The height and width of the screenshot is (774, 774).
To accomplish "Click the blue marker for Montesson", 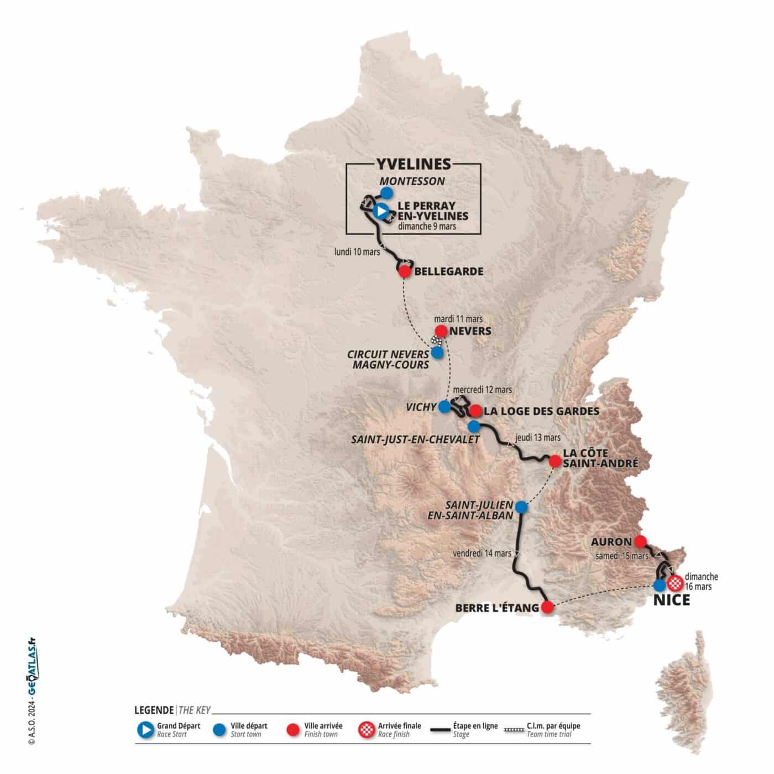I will [x=387, y=192].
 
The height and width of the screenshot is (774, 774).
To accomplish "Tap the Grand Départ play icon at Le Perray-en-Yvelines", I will [x=380, y=211].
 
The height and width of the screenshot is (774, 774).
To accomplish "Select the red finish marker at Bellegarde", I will [x=405, y=271].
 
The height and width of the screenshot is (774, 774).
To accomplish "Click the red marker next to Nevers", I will [x=442, y=331].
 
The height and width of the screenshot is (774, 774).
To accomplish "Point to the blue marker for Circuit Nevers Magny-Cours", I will [x=437, y=352].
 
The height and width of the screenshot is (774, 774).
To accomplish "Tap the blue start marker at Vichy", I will [x=444, y=407].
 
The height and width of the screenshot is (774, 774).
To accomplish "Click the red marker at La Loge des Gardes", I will [x=475, y=411].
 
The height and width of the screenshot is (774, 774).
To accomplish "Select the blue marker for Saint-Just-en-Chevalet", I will [x=474, y=426].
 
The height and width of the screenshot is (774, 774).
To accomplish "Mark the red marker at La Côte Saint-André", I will [x=555, y=461].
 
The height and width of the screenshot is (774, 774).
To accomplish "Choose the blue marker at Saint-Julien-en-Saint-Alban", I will [x=521, y=506].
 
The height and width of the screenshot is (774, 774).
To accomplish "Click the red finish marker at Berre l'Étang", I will [x=547, y=608].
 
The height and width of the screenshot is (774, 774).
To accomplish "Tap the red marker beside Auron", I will [x=641, y=541].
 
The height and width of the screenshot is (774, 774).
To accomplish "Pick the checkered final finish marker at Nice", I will [x=675, y=583].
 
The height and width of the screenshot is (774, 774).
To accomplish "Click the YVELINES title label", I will [x=414, y=164].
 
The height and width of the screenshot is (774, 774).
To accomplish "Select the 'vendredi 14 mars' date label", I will [x=482, y=553].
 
